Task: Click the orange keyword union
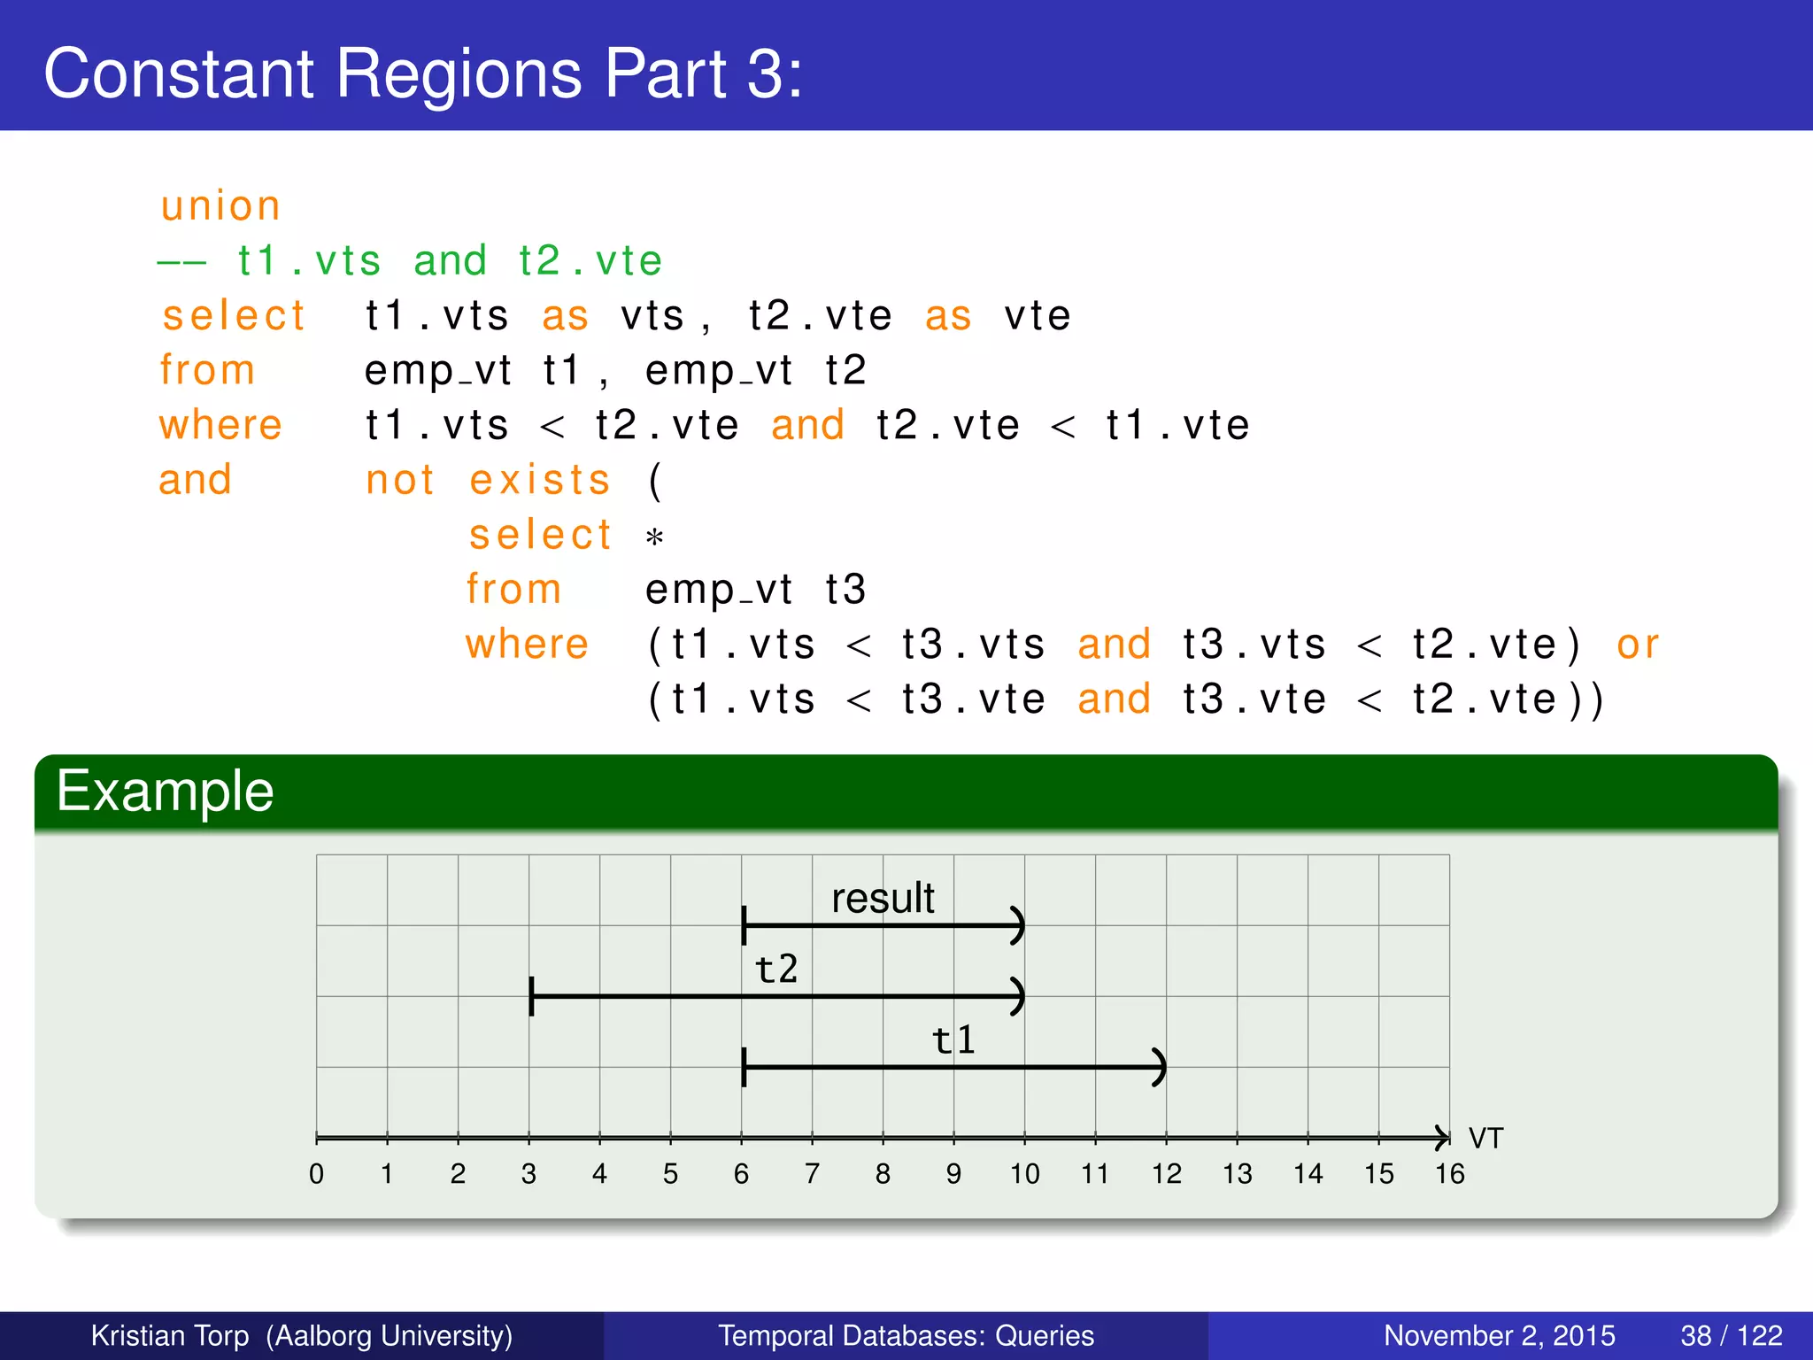click(x=220, y=206)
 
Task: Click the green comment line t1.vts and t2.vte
click(x=410, y=261)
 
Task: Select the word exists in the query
click(x=540, y=480)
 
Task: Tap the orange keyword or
click(x=1637, y=645)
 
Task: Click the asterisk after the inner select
click(x=654, y=537)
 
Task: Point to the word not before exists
click(x=400, y=480)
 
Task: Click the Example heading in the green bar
click(x=165, y=791)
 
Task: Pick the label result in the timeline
click(x=883, y=898)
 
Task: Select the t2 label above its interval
click(x=776, y=969)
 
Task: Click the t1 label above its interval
click(x=954, y=1039)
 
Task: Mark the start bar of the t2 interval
click(x=531, y=996)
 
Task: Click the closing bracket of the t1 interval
click(x=1160, y=1067)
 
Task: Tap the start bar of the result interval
click(x=744, y=925)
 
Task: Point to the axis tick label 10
click(x=1024, y=1174)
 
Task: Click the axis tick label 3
click(x=528, y=1174)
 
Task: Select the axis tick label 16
click(x=1449, y=1174)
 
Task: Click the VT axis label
click(x=1485, y=1138)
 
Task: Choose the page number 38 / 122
click(x=1731, y=1335)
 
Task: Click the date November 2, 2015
click(x=1499, y=1335)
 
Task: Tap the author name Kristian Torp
click(x=170, y=1335)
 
